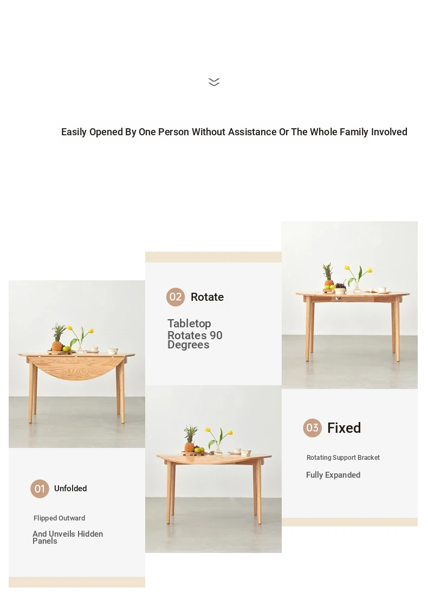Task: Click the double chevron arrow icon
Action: pyautogui.click(x=214, y=82)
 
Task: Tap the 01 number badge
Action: pyautogui.click(x=40, y=489)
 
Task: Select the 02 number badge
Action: pyautogui.click(x=176, y=297)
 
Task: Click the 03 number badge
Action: pyautogui.click(x=312, y=428)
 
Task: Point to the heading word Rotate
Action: pyautogui.click(x=207, y=297)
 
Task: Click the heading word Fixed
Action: pyautogui.click(x=344, y=428)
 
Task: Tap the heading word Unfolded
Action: pyautogui.click(x=70, y=489)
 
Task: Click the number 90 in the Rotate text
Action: pyautogui.click(x=216, y=335)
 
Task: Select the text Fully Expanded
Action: pyautogui.click(x=333, y=475)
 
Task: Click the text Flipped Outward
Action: pyautogui.click(x=60, y=518)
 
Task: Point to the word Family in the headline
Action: pyautogui.click(x=354, y=132)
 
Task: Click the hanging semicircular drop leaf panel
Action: pyautogui.click(x=76, y=368)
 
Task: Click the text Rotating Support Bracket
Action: pyautogui.click(x=343, y=458)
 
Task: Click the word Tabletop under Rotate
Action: pyautogui.click(x=189, y=324)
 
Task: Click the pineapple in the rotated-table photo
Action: pyautogui.click(x=190, y=439)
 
